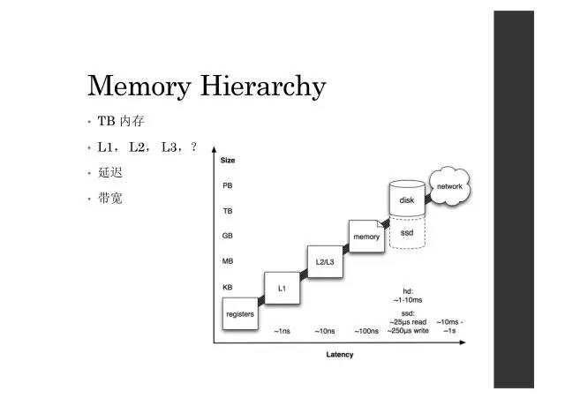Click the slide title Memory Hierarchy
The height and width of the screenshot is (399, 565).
coord(207,87)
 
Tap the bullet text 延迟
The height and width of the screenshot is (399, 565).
coord(110,172)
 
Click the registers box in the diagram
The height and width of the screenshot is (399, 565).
coord(240,312)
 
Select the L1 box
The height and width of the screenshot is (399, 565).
coord(282,288)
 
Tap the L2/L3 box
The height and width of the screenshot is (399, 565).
coord(325,261)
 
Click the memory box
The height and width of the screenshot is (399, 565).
coord(366,237)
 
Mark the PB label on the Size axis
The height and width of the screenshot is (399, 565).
coord(228,186)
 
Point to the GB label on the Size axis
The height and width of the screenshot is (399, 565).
coord(228,237)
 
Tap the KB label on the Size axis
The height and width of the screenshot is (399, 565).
coord(228,288)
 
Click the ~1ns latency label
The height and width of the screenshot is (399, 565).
coord(282,331)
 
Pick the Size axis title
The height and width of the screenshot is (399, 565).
coord(227,160)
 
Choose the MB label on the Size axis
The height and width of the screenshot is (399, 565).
coord(228,262)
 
